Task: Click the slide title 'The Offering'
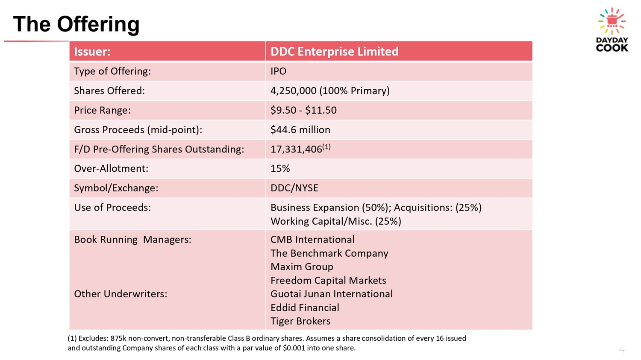coord(76,25)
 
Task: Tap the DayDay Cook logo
coord(612,30)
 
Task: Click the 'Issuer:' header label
coord(92,52)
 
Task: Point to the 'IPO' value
coord(278,71)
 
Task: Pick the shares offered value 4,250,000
coord(293,91)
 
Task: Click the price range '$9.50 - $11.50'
coord(303,110)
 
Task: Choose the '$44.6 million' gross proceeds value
coord(300,129)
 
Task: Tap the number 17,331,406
coord(296,149)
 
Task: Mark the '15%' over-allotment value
coord(280,168)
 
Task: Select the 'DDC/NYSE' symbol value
coord(294,188)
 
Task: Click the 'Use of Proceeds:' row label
coord(112,207)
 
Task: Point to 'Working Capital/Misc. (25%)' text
coord(335,221)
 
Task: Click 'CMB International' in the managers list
coord(312,239)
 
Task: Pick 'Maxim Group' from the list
coord(302,267)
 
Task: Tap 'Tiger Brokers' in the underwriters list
coord(300,321)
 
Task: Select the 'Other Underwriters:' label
coord(121,294)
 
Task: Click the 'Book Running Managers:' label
coord(132,239)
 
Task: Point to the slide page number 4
coord(621,349)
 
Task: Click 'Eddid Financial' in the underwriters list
coord(305,307)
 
